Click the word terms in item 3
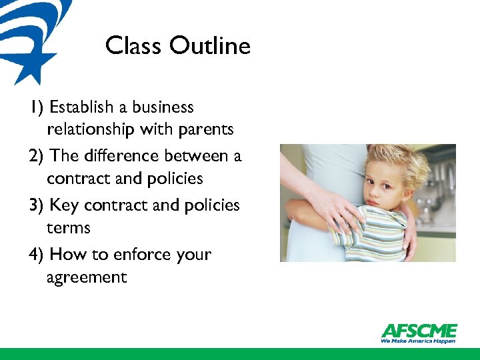(68, 228)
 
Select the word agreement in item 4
(87, 277)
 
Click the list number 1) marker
(37, 107)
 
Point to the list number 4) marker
(37, 255)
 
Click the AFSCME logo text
(419, 331)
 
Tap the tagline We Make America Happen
(418, 341)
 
